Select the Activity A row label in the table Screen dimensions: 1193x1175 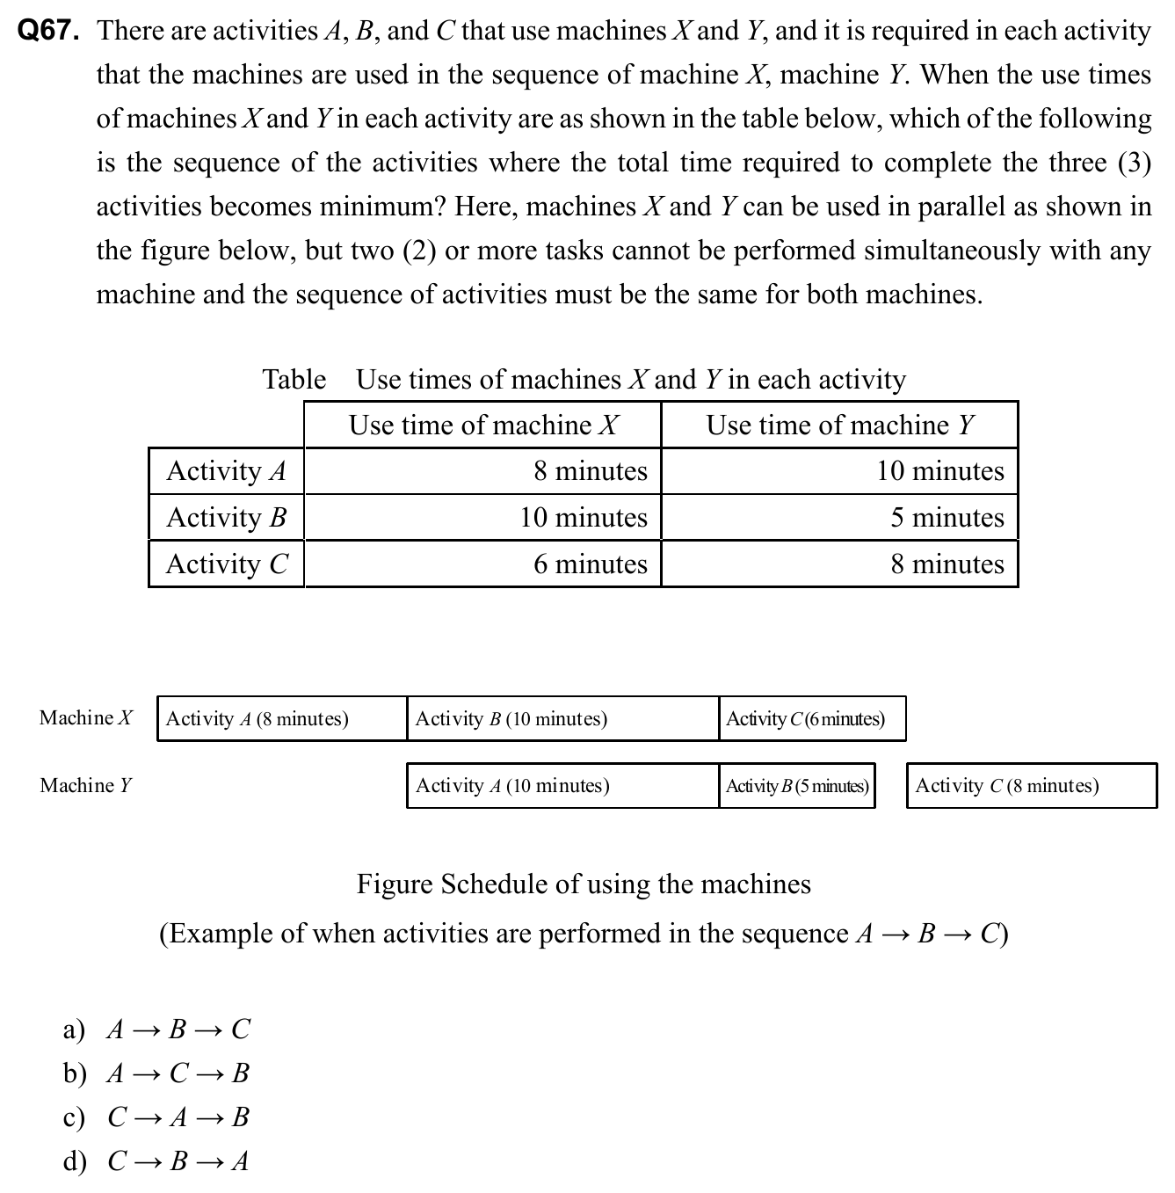tap(226, 471)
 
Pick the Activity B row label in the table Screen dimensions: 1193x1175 tap(226, 517)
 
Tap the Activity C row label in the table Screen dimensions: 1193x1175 tap(226, 564)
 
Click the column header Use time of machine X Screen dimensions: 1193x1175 tap(482, 426)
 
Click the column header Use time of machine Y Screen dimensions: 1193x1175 tap(839, 426)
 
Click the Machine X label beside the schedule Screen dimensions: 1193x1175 tap(85, 718)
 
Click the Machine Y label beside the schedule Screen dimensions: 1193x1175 tap(85, 785)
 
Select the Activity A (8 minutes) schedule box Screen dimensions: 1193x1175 tap(281, 719)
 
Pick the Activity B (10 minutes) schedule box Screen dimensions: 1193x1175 tap(562, 719)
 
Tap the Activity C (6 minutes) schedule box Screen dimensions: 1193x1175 tap(811, 719)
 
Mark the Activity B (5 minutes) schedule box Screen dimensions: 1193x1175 tap(797, 786)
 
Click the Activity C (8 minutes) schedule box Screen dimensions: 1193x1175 tap(1031, 786)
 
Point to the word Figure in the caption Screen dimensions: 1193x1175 tap(394, 884)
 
